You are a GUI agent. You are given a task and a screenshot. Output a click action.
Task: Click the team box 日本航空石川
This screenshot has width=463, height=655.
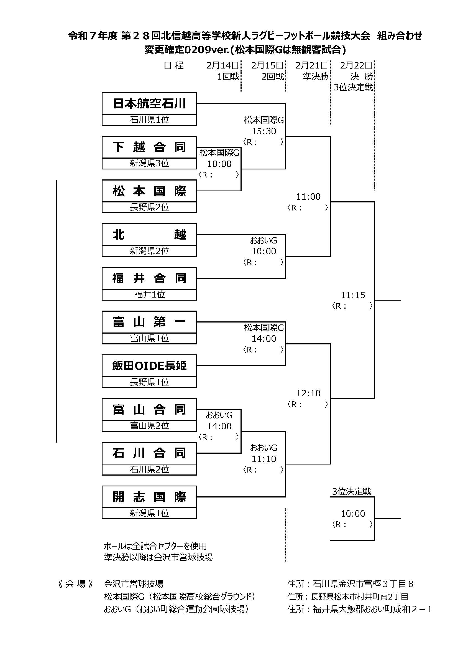[x=149, y=103]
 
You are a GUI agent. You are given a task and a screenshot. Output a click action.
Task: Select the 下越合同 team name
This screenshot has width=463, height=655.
[x=149, y=147]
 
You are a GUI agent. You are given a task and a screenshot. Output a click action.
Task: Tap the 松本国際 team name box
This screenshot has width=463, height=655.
[x=149, y=191]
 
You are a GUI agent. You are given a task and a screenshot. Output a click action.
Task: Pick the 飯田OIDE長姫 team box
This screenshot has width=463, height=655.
[x=149, y=366]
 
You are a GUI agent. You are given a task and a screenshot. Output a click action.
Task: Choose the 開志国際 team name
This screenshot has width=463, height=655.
[x=149, y=497]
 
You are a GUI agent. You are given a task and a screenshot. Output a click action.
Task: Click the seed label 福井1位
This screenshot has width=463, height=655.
[x=149, y=295]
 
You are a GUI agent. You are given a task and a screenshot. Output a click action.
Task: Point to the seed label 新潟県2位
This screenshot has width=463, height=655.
[x=149, y=251]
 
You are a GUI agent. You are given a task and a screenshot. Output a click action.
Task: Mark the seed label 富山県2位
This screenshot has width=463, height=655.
[x=149, y=426]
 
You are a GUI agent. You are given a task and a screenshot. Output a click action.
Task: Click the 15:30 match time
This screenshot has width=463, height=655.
[x=264, y=131]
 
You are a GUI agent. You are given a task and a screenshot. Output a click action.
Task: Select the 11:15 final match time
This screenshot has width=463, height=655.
[x=353, y=295]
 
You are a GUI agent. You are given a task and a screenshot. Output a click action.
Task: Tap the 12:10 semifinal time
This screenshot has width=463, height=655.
[x=308, y=393]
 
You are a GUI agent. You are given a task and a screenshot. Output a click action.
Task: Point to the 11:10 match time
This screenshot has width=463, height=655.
[x=264, y=459]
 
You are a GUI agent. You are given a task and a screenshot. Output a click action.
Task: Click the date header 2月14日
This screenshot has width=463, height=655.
[x=222, y=66]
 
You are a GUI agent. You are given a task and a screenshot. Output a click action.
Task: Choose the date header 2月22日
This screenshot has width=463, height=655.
[x=356, y=66]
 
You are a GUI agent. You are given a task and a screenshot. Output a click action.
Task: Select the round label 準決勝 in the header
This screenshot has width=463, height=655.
[x=316, y=77]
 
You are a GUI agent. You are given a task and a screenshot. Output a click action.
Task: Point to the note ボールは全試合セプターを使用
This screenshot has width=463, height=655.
[x=155, y=546]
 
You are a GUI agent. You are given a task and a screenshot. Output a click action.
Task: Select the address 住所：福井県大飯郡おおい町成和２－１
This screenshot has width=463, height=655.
[x=359, y=609]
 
